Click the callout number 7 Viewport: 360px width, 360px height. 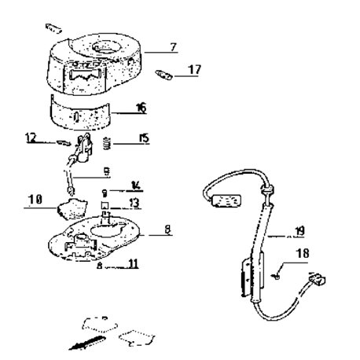pyautogui.click(x=174, y=47)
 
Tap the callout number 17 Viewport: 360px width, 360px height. pyautogui.click(x=194, y=70)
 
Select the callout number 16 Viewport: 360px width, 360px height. pyautogui.click(x=141, y=108)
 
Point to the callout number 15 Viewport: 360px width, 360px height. pyautogui.click(x=145, y=138)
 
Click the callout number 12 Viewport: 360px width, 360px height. pyautogui.click(x=31, y=138)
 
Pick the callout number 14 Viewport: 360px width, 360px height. pyautogui.click(x=136, y=186)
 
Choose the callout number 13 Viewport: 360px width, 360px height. pyautogui.click(x=134, y=203)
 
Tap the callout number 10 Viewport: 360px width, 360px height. pyautogui.click(x=35, y=200)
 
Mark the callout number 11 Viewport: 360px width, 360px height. pyautogui.click(x=133, y=263)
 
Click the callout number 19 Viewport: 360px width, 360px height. pyautogui.click(x=299, y=231)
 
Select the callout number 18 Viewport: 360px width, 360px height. pyautogui.click(x=303, y=253)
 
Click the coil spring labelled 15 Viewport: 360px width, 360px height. pyautogui.click(x=107, y=144)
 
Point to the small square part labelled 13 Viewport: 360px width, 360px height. pyautogui.click(x=105, y=204)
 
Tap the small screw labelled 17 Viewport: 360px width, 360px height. pyautogui.click(x=163, y=75)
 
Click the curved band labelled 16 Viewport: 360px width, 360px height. pyautogui.click(x=80, y=112)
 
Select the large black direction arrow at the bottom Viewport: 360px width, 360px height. pyautogui.click(x=87, y=343)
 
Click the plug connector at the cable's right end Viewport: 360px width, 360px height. pyautogui.click(x=318, y=279)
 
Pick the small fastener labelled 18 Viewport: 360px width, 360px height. pyautogui.click(x=276, y=276)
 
